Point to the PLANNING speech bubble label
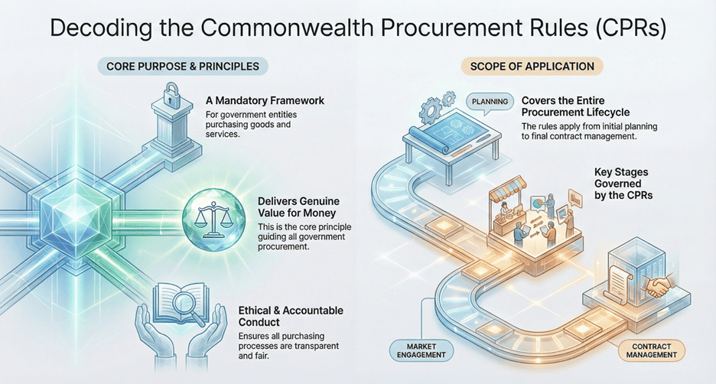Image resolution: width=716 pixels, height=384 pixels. (x=486, y=101)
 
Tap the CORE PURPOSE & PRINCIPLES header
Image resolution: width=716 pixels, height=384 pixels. (x=183, y=67)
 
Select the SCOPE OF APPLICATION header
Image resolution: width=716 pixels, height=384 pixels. (x=532, y=67)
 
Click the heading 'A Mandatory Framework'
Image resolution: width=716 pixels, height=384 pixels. (x=265, y=100)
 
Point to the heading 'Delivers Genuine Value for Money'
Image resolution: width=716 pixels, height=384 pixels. (x=303, y=208)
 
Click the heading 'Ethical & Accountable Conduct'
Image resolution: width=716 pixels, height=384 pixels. (x=301, y=317)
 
